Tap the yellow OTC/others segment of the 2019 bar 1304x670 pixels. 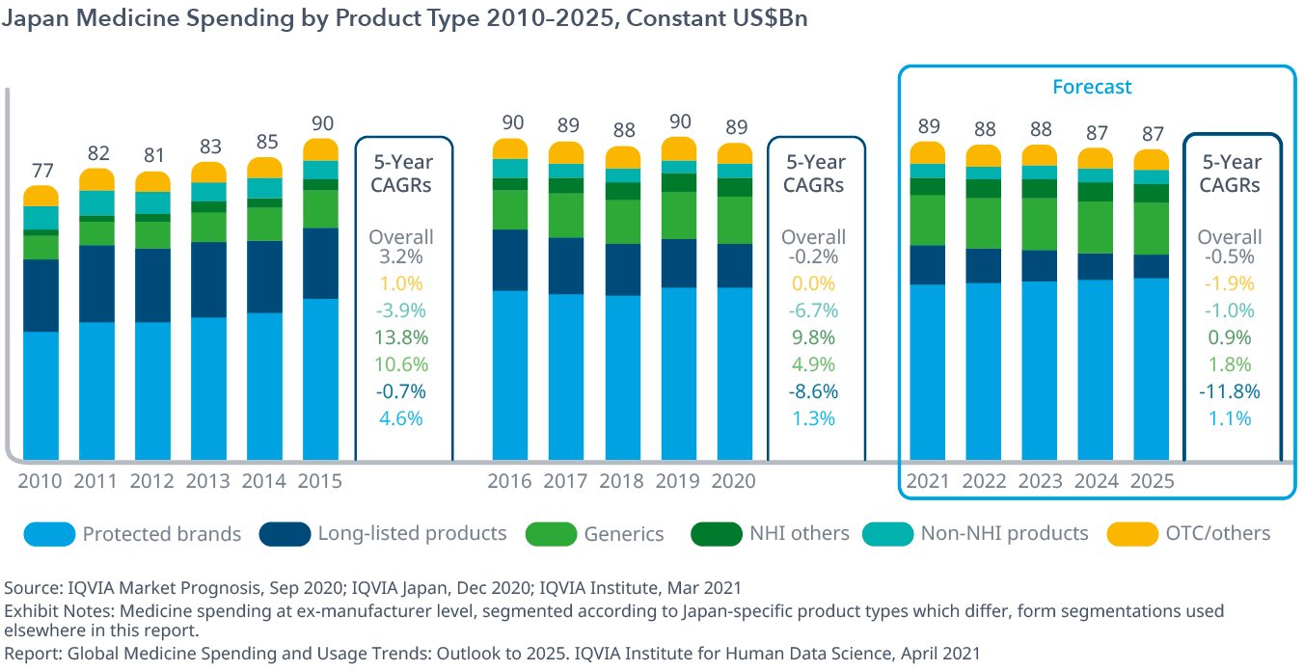point(678,148)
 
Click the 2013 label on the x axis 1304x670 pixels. point(208,481)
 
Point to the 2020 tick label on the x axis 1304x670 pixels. point(734,481)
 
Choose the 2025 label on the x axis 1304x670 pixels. point(1151,481)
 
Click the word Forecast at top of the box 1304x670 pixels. point(1092,87)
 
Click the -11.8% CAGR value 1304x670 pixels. point(1231,391)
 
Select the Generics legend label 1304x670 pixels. point(624,533)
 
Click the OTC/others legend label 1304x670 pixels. point(1218,533)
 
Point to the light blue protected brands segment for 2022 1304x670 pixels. point(983,371)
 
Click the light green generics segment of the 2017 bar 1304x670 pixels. point(566,215)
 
